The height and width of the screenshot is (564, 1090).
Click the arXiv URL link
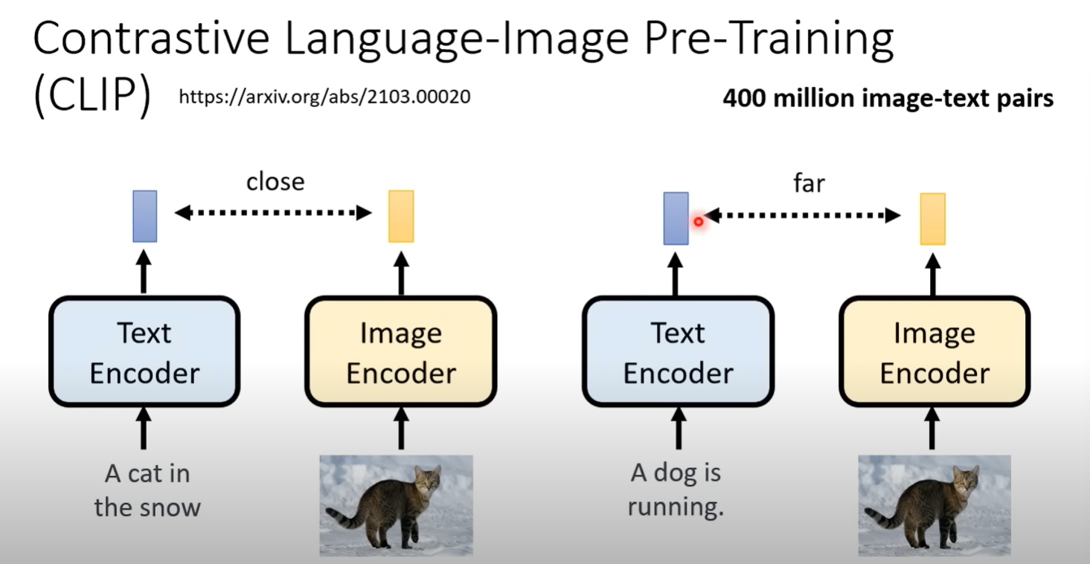(x=324, y=97)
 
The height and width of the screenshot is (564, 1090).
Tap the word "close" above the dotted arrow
(x=275, y=182)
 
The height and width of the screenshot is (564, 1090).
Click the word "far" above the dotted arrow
(x=810, y=183)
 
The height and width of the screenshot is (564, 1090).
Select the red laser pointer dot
(x=699, y=222)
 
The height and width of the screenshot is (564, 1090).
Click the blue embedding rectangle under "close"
(x=145, y=216)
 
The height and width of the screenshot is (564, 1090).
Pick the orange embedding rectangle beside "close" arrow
(x=401, y=216)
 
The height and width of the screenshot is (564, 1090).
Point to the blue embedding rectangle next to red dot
(x=676, y=219)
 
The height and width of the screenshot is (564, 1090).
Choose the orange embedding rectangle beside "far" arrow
(x=933, y=219)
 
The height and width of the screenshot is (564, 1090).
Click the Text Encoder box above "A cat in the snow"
(x=144, y=351)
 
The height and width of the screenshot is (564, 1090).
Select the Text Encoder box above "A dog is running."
(x=679, y=351)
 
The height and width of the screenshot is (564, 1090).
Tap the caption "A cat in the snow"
(x=147, y=490)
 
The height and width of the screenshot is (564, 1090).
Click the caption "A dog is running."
(x=676, y=490)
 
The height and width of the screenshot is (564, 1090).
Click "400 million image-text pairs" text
(x=888, y=98)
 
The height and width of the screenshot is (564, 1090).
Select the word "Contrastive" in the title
(x=151, y=38)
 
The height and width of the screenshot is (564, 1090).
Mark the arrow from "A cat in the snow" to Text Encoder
(x=144, y=428)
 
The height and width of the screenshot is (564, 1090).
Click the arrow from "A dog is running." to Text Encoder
(x=679, y=428)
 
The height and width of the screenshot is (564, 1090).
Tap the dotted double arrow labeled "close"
(x=273, y=213)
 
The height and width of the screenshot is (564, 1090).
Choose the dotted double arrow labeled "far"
(x=802, y=215)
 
